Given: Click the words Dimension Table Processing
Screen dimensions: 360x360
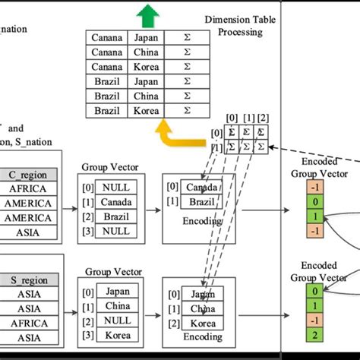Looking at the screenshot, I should click(x=233, y=25).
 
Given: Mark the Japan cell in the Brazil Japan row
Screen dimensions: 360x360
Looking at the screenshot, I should click(x=144, y=81).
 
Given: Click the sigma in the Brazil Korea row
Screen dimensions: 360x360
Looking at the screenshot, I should click(x=187, y=110).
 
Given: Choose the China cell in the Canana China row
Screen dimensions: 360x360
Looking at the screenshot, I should click(x=144, y=52).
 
